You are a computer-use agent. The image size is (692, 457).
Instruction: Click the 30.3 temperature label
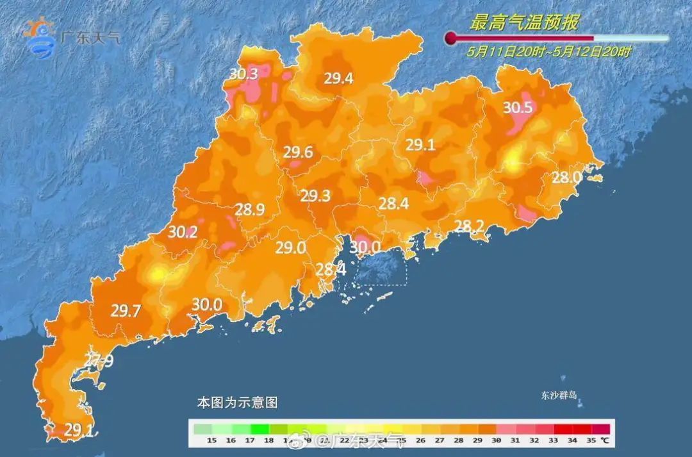tap(243, 74)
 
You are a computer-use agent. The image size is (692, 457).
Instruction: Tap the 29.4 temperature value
tap(338, 79)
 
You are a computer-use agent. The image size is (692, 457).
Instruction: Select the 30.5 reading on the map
tap(518, 108)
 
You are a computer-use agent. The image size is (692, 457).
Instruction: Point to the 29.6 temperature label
tap(298, 153)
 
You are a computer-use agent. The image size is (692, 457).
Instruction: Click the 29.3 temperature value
tap(316, 196)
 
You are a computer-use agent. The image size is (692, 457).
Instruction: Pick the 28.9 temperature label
tap(250, 210)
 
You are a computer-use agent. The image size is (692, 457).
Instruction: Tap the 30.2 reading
tap(183, 233)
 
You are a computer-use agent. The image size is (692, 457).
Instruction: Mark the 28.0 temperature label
tap(566, 178)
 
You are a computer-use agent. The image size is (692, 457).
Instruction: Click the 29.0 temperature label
tap(290, 248)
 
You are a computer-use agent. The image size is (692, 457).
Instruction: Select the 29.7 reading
tap(126, 312)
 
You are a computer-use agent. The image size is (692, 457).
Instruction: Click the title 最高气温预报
tap(524, 24)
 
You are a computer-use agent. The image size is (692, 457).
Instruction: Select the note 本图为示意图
tap(237, 403)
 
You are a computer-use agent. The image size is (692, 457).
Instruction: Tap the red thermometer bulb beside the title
tap(451, 38)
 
